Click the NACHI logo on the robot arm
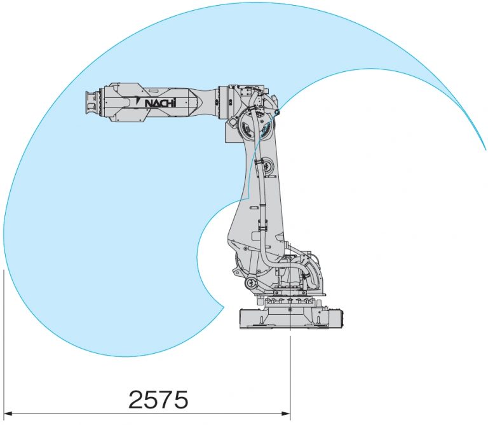pyautogui.click(x=156, y=102)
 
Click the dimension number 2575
pyautogui.click(x=159, y=400)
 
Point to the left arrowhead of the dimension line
pyautogui.click(x=8, y=414)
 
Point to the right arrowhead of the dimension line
pyautogui.click(x=286, y=414)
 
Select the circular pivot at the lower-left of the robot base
pyautogui.click(x=251, y=283)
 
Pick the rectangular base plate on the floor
pyautogui.click(x=290, y=319)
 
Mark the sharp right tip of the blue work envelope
pyautogui.click(x=485, y=150)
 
